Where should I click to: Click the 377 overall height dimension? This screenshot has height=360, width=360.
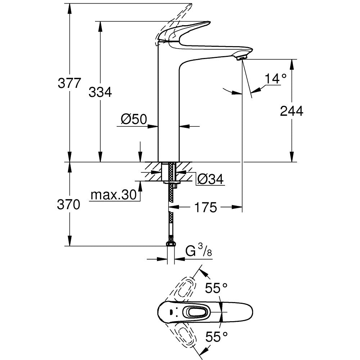click(69, 83)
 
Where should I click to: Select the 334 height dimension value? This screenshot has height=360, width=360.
click(100, 93)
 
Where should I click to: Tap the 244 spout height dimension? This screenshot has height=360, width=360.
click(292, 111)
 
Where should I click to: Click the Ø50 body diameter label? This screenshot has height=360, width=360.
click(134, 119)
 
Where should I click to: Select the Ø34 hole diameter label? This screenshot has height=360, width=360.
click(211, 179)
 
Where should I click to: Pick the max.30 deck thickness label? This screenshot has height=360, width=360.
click(113, 195)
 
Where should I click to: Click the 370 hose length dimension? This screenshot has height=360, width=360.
click(68, 205)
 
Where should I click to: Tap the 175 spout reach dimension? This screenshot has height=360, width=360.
click(206, 207)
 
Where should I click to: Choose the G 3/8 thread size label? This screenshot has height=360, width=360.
click(198, 251)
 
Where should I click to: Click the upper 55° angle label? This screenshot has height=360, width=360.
click(216, 288)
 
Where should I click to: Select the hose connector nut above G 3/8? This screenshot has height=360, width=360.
click(171, 244)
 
